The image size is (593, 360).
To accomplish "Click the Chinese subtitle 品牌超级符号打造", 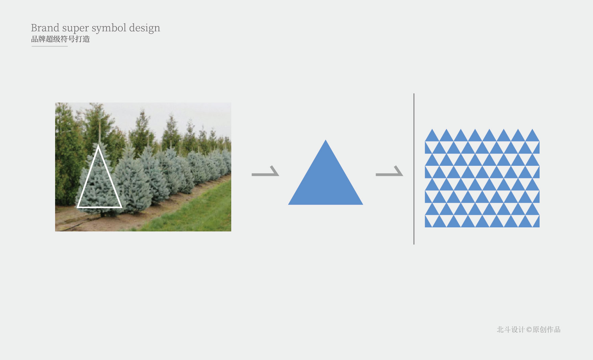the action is (61, 39).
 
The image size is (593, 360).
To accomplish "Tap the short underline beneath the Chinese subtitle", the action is (50, 46).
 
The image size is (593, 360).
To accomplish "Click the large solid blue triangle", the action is (326, 183).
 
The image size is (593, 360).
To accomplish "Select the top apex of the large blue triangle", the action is (326, 140).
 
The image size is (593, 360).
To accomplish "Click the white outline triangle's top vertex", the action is (98, 145).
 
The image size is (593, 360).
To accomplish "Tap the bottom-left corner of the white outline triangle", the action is (77, 207).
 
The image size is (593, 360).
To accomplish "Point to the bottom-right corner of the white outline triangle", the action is (121, 207).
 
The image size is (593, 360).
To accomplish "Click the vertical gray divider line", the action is (414, 169).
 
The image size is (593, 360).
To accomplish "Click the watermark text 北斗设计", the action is (511, 330).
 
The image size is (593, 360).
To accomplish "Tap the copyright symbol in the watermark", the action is (529, 330).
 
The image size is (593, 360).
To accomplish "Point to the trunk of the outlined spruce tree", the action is (102, 214).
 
